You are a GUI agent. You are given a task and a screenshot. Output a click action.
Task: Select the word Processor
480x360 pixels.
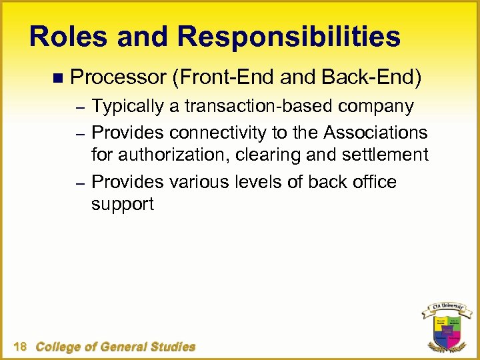point(117,79)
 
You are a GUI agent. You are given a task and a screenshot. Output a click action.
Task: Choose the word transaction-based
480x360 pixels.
point(260,107)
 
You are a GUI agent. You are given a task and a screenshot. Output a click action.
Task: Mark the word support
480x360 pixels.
point(122,205)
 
